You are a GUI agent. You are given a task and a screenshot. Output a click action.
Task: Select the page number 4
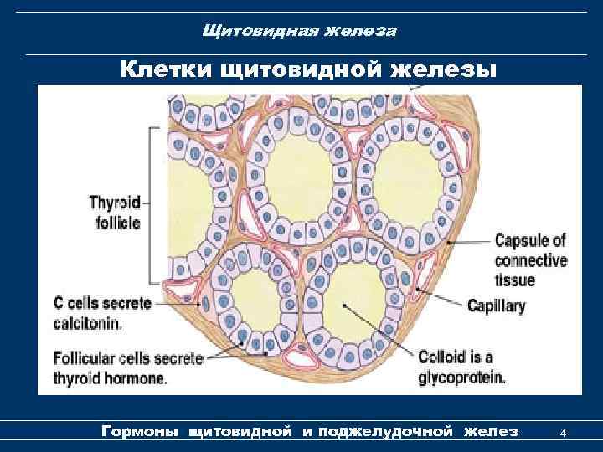click(x=564, y=433)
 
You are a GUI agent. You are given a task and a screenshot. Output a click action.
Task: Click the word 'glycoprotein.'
click(x=463, y=377)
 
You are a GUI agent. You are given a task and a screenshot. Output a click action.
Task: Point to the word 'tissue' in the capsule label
click(x=513, y=280)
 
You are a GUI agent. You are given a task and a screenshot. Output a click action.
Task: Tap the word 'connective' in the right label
click(x=531, y=260)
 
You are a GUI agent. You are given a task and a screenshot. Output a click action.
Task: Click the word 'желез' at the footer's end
click(x=490, y=432)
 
